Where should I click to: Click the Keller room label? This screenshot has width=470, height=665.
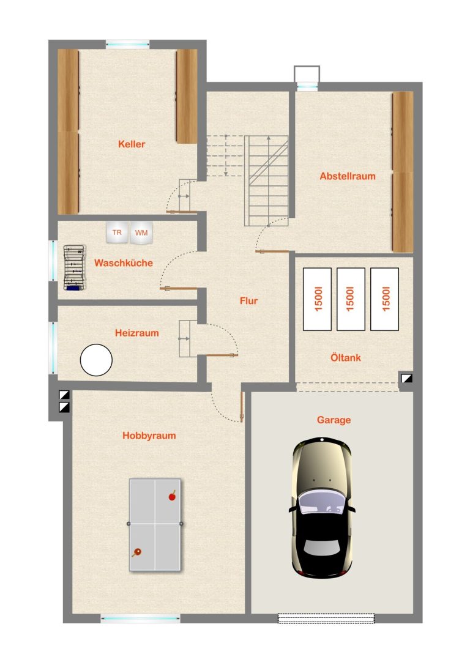(x=132, y=144)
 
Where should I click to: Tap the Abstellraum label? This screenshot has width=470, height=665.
(x=348, y=176)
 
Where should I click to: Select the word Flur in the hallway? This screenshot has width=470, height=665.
(x=248, y=301)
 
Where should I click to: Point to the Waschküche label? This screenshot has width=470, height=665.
(x=124, y=263)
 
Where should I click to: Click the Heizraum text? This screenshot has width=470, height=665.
(x=136, y=333)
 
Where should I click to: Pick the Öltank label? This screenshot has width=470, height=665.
(x=346, y=357)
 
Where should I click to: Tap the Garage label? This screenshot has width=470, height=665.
(x=334, y=420)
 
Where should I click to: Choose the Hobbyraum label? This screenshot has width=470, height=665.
(x=149, y=436)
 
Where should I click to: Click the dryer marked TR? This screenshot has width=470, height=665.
(x=117, y=232)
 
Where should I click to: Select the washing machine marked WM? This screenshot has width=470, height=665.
(x=141, y=233)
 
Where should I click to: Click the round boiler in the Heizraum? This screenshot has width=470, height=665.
(x=96, y=360)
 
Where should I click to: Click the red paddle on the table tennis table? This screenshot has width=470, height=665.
(x=172, y=496)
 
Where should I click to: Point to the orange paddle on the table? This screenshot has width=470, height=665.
(x=136, y=552)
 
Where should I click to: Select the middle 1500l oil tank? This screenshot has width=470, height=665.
(x=351, y=299)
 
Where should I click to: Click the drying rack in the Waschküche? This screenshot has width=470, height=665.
(x=75, y=268)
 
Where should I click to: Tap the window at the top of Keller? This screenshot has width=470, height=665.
(x=128, y=44)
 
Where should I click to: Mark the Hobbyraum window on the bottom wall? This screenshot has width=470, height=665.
(x=140, y=619)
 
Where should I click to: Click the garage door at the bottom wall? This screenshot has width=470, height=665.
(x=326, y=619)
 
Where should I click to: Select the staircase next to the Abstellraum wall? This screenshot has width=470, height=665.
(x=266, y=180)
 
